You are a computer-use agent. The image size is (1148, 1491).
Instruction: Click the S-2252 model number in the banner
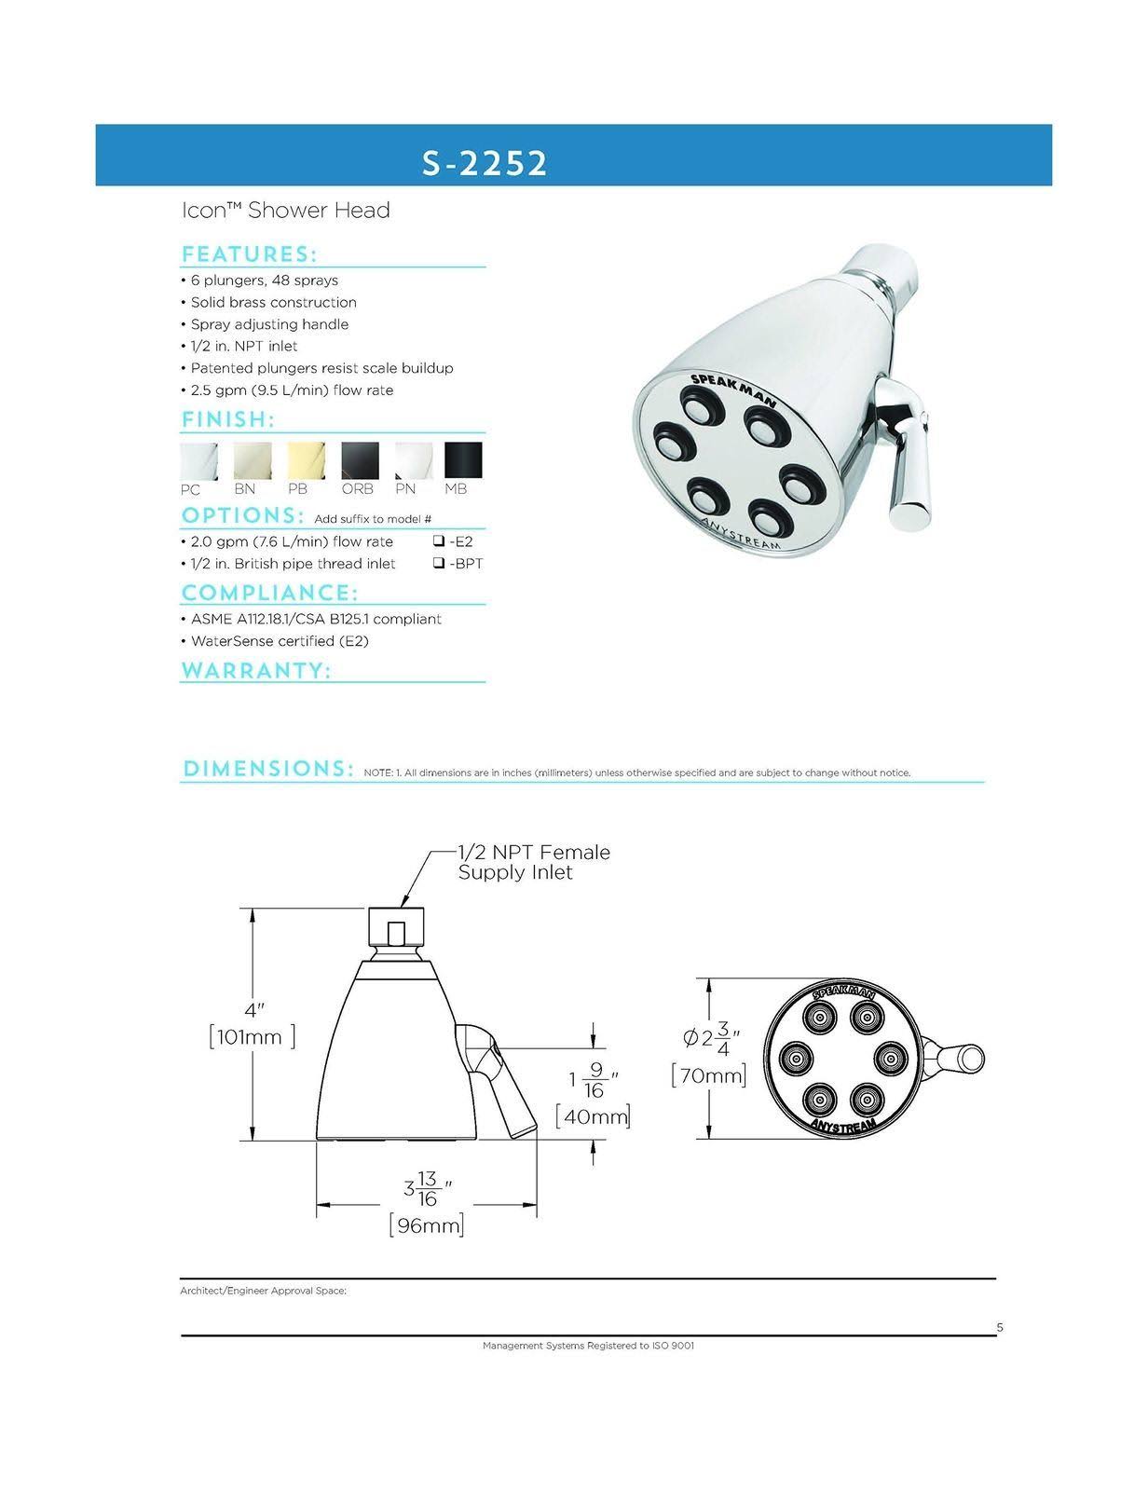[484, 163]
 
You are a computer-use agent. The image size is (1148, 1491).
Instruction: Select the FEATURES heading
[249, 254]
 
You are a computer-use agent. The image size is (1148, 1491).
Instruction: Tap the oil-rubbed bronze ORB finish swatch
[360, 461]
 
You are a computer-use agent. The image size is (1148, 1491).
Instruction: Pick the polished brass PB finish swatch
[307, 461]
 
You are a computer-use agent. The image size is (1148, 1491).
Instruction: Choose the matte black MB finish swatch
[463, 461]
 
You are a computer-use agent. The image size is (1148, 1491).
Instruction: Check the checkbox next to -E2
[438, 541]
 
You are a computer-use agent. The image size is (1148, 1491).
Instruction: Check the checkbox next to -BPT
[438, 564]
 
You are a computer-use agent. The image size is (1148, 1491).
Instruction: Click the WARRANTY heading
[256, 671]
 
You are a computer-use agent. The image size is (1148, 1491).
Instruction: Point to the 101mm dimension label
[252, 1036]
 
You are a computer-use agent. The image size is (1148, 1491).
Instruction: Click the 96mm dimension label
[427, 1225]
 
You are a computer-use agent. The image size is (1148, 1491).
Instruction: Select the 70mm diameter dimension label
[708, 1076]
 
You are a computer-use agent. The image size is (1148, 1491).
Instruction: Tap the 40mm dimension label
[593, 1115]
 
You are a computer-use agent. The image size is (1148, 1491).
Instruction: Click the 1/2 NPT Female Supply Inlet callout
[533, 862]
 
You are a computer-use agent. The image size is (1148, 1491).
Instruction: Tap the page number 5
[1000, 1328]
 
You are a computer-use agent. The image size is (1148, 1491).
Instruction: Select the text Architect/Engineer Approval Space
[263, 1292]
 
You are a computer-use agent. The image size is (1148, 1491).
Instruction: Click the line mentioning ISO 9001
[588, 1346]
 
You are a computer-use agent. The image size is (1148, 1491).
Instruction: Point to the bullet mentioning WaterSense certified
[287, 641]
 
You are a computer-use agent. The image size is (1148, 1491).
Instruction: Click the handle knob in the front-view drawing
[970, 1059]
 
